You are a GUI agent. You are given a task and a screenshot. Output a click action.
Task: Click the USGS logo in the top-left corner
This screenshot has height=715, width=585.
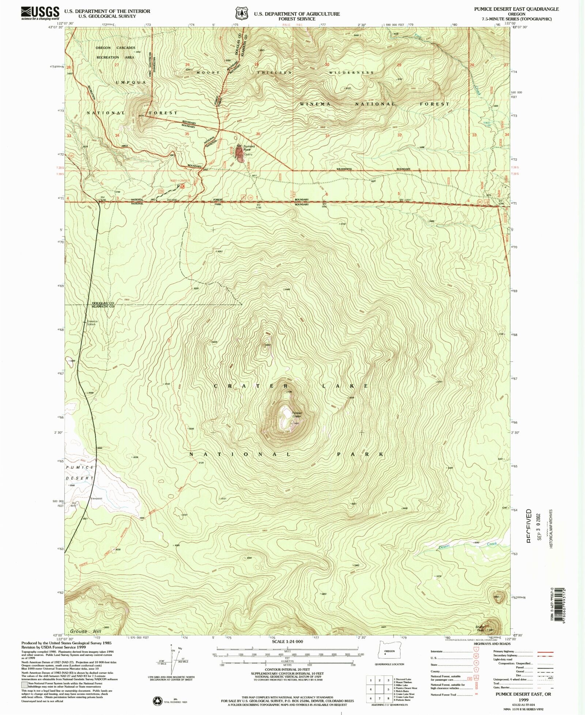[x=40, y=13]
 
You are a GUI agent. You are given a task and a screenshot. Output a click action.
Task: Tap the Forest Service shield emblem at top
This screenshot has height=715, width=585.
[x=241, y=14]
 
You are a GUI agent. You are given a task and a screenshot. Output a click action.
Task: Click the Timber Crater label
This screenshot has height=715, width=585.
[x=297, y=415]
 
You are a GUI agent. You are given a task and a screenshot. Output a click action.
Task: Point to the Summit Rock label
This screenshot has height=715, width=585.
[x=249, y=148]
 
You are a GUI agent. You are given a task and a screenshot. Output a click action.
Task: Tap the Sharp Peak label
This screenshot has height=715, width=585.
[x=480, y=628]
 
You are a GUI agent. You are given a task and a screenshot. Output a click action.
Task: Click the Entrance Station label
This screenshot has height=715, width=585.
[x=92, y=323]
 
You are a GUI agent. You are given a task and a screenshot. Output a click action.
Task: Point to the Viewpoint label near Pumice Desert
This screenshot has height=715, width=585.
[x=97, y=498]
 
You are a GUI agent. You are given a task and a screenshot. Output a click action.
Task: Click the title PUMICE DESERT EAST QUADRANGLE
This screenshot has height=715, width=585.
[x=516, y=9]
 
